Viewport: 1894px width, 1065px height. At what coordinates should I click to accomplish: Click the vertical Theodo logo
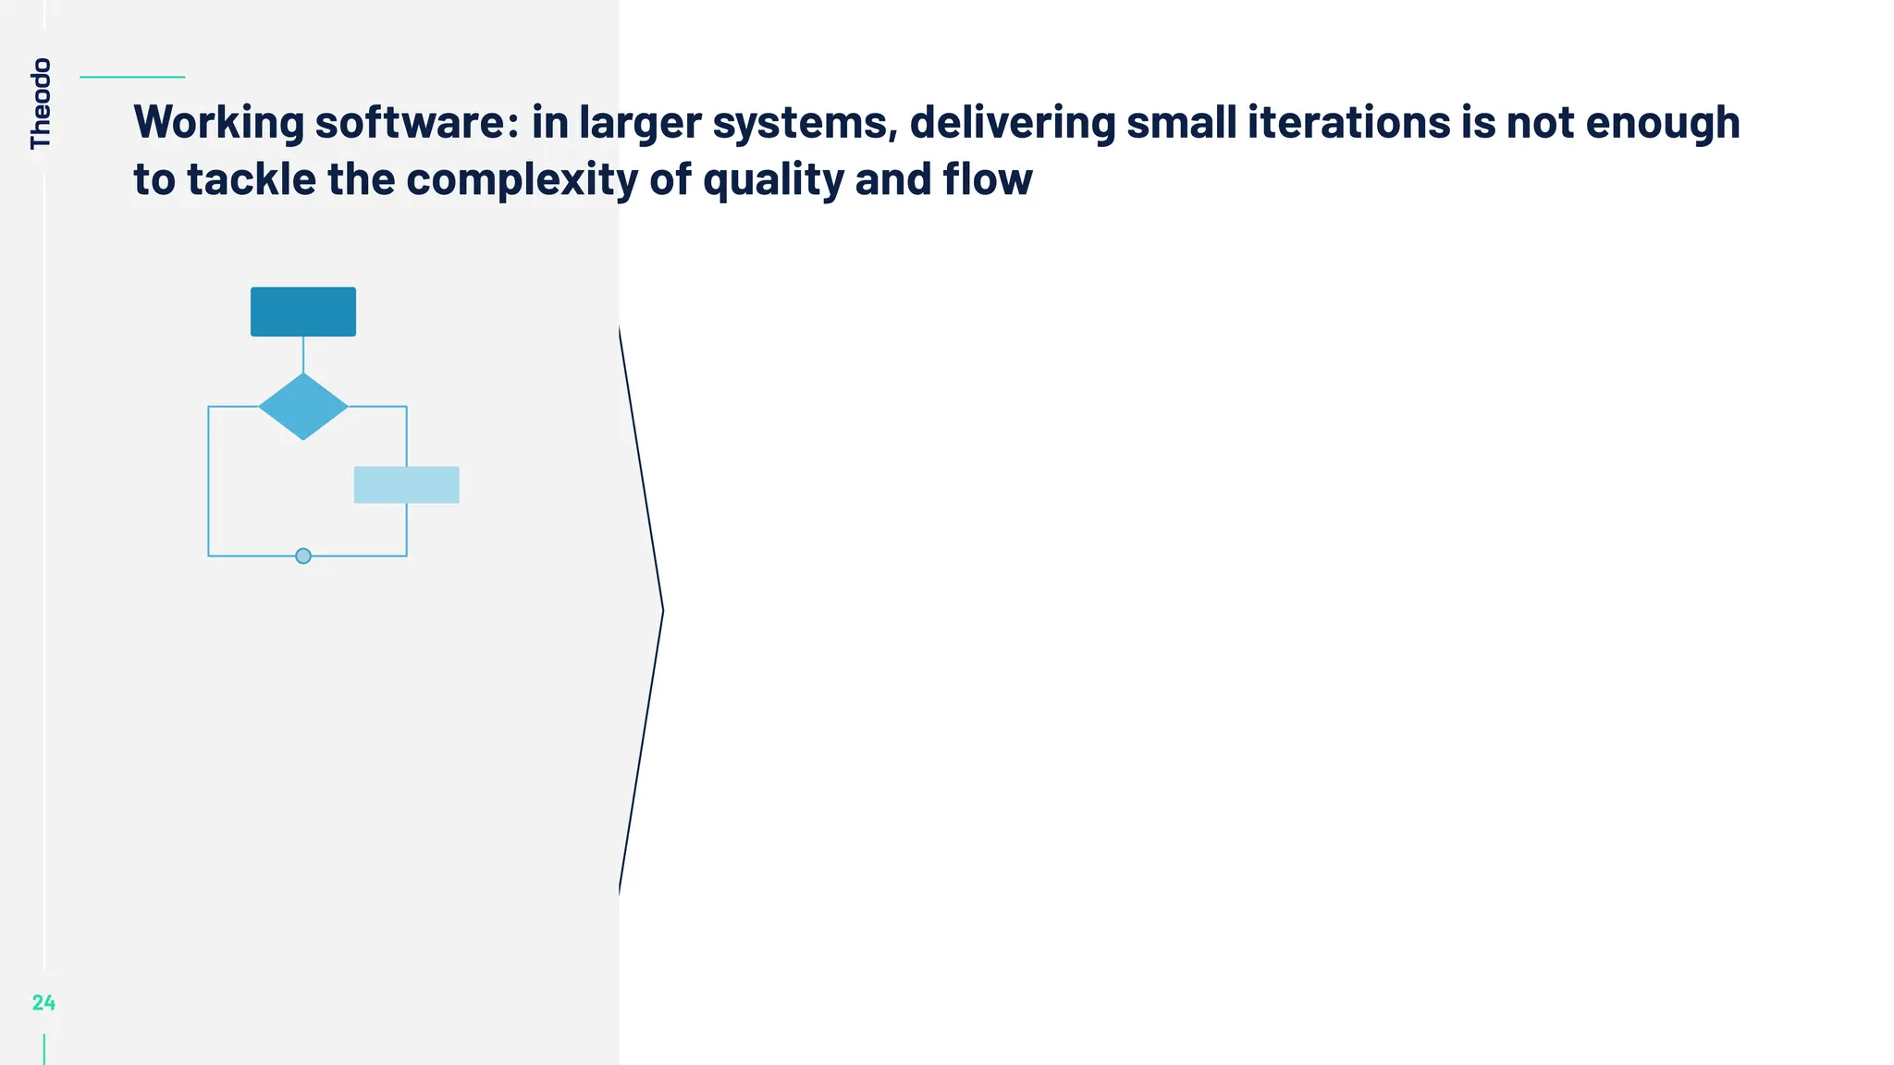click(41, 104)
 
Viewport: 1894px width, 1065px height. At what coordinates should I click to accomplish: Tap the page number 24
click(43, 1003)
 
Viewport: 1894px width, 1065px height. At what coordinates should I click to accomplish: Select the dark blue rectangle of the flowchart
click(303, 312)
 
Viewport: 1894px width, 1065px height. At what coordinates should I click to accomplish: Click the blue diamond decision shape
click(303, 407)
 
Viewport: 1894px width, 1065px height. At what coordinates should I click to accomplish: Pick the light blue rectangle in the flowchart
click(407, 485)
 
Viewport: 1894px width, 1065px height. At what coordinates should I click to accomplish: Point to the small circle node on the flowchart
click(303, 557)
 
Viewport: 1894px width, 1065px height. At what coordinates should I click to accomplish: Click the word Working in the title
click(219, 123)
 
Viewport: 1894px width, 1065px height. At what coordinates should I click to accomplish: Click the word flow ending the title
click(987, 179)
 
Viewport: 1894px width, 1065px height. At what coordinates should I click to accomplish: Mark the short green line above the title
click(132, 78)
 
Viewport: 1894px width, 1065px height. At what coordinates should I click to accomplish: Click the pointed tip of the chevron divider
click(662, 610)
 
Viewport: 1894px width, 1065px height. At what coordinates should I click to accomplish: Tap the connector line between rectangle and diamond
click(303, 355)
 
